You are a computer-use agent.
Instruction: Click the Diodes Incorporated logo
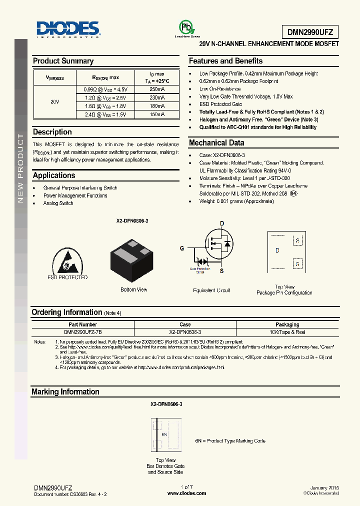pyautogui.click(x=68, y=29)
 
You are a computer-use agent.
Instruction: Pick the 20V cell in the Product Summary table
pyautogui.click(x=55, y=101)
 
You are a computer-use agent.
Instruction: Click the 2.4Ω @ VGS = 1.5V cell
pyautogui.click(x=105, y=114)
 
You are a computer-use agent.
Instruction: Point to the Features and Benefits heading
pyautogui.click(x=225, y=61)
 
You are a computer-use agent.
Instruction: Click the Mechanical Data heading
pyautogui.click(x=216, y=143)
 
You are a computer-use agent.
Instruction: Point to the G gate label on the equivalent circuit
pyautogui.click(x=182, y=248)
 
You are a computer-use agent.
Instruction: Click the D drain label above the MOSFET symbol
pyautogui.click(x=222, y=223)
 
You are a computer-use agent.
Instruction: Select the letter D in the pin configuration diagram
pyautogui.click(x=277, y=250)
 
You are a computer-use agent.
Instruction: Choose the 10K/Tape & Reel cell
pyautogui.click(x=287, y=331)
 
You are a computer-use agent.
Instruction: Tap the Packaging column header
pyautogui.click(x=287, y=324)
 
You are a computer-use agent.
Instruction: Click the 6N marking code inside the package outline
pyautogui.click(x=164, y=434)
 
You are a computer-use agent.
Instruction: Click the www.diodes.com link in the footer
pyautogui.click(x=186, y=493)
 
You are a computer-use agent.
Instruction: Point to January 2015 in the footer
pyautogui.click(x=324, y=487)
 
